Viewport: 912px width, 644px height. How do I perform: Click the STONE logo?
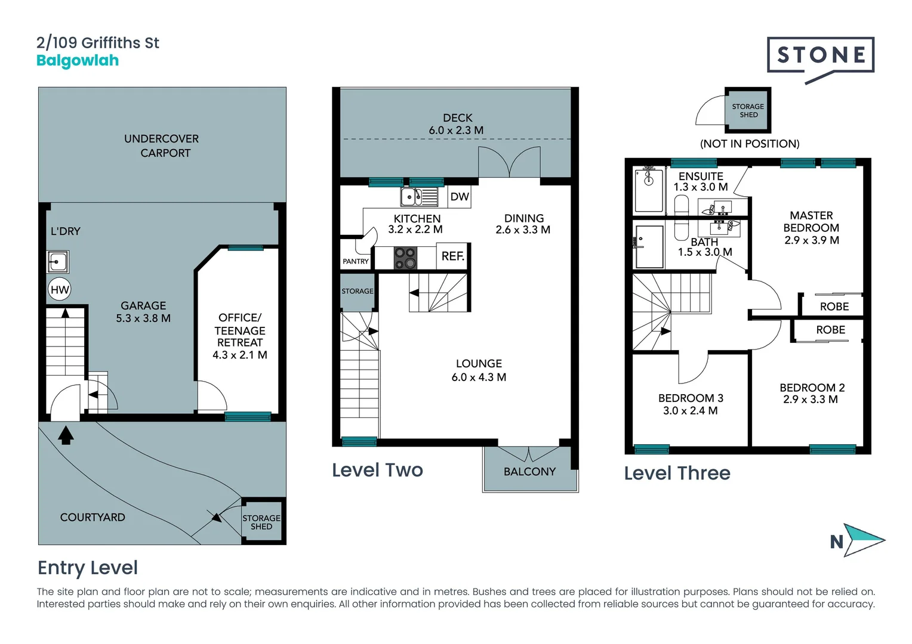[821, 56]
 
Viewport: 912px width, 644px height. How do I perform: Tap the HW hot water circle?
[60, 290]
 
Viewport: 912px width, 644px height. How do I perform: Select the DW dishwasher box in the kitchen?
[459, 197]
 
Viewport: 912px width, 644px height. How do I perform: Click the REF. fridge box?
[452, 256]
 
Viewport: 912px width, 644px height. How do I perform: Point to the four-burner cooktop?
[405, 258]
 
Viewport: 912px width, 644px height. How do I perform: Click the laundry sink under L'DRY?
[58, 261]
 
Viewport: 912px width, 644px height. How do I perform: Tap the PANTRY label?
[356, 261]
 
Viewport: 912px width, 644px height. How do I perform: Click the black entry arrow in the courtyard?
[66, 435]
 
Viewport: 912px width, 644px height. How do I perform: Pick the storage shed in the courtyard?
[262, 522]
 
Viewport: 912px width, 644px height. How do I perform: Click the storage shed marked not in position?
[748, 110]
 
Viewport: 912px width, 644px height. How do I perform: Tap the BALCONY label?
[529, 472]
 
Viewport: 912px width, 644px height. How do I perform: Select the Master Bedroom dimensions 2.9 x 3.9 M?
[811, 240]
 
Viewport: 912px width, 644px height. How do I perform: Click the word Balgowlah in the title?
[78, 61]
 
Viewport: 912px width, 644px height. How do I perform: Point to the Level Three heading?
[677, 473]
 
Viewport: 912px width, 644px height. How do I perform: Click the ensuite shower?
[649, 190]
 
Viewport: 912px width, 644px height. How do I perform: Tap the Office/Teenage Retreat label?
[240, 336]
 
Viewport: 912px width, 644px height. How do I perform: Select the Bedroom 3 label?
[691, 398]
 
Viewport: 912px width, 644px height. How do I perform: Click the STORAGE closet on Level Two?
[358, 292]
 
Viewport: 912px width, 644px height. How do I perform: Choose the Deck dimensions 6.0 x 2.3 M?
[456, 131]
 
